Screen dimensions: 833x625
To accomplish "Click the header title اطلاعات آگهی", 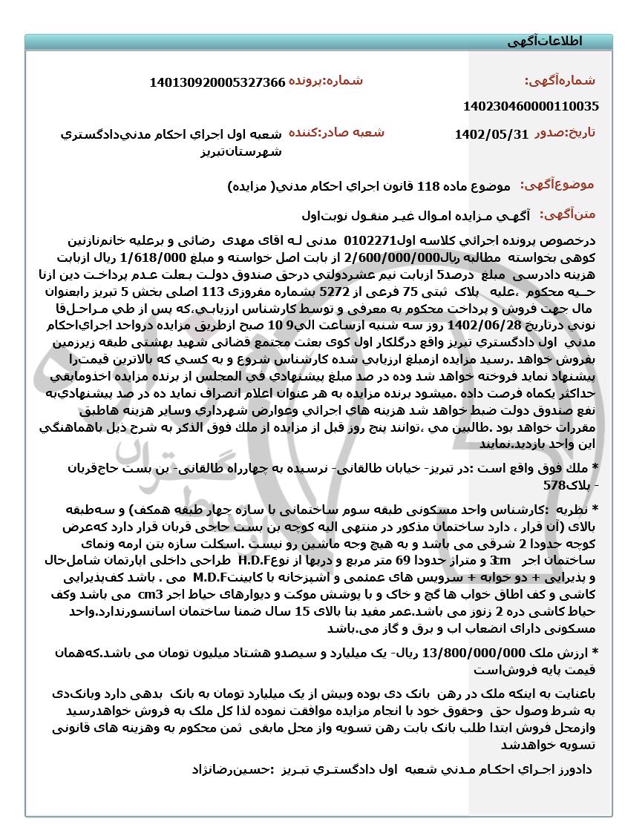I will click(x=544, y=42).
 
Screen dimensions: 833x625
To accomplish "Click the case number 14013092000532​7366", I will click(x=217, y=82).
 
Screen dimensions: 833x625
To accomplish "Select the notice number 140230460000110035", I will click(x=530, y=106).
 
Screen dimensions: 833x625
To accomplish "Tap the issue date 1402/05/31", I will click(x=491, y=134).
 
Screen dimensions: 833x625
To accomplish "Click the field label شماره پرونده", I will click(x=326, y=80).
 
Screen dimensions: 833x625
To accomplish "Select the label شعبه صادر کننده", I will click(x=336, y=132).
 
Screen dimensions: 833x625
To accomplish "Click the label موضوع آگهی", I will click(x=556, y=185).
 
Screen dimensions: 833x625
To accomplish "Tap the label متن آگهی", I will click(x=567, y=214).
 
